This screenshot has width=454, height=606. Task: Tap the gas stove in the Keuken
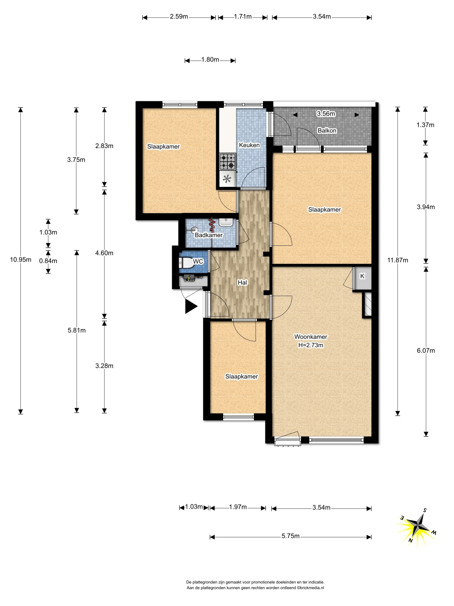[x=227, y=161]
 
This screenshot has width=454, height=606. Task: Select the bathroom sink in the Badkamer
[x=226, y=222]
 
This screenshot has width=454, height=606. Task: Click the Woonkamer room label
[x=311, y=337]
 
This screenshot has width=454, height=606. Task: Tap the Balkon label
[x=327, y=131]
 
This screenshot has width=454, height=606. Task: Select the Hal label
[x=242, y=282]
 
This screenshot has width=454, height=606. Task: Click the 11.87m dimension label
[x=397, y=260]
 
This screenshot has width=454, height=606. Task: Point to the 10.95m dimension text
[x=21, y=259]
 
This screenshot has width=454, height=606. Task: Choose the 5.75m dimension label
[x=290, y=536]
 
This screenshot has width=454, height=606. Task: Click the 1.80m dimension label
[x=210, y=60]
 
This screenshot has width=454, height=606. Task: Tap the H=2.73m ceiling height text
[x=311, y=345]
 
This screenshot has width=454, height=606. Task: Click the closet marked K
[x=362, y=278]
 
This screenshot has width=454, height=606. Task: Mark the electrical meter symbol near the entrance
[x=189, y=279]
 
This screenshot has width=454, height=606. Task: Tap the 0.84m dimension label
[x=48, y=261]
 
